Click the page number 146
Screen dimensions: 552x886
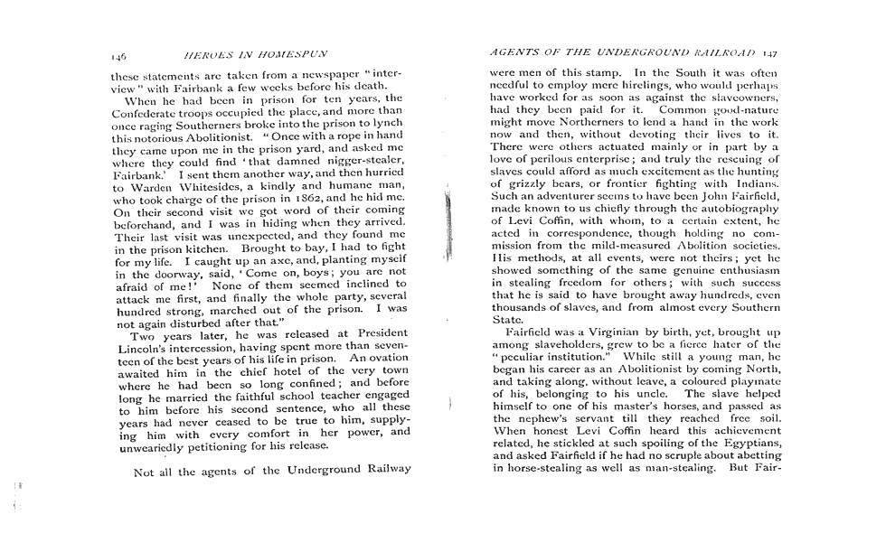click(118, 54)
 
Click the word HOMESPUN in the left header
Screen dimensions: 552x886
click(295, 54)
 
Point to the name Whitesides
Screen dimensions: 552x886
click(194, 186)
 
